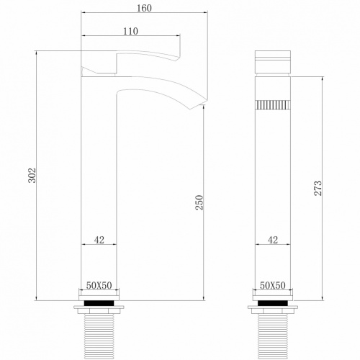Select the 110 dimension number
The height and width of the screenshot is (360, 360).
pyautogui.click(x=130, y=31)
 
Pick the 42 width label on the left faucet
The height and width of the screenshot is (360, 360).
pyautogui.click(x=99, y=239)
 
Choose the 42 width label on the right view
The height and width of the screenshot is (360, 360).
pyautogui.click(x=273, y=239)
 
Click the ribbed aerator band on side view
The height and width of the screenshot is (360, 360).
pyautogui.click(x=273, y=105)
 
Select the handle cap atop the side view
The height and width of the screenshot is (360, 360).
pyautogui.click(x=273, y=60)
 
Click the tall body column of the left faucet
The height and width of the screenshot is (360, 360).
pyautogui.click(x=99, y=180)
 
